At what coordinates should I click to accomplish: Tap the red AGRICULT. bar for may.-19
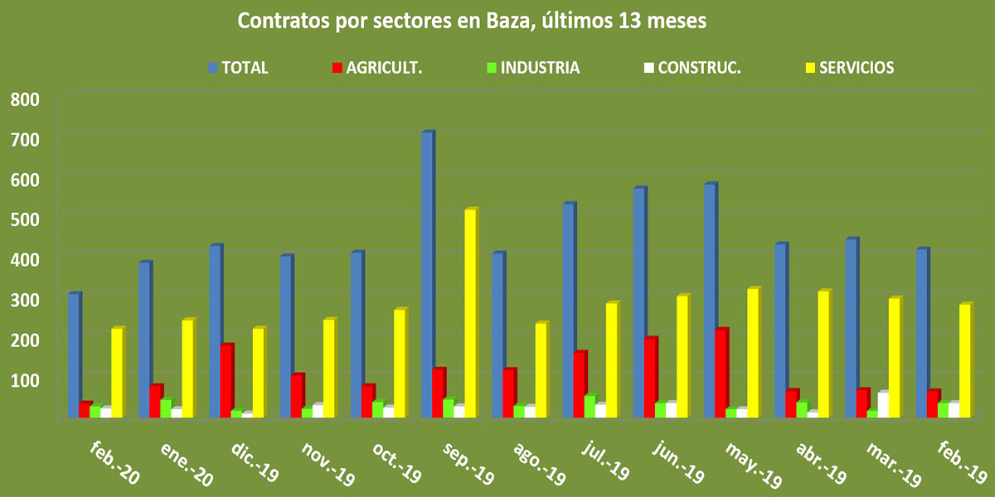coord(721,373)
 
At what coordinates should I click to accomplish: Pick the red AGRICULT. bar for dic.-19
coord(226,380)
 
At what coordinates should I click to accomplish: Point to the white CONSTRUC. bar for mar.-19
coord(883,404)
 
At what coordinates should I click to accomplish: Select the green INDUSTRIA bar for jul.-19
coord(590,406)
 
